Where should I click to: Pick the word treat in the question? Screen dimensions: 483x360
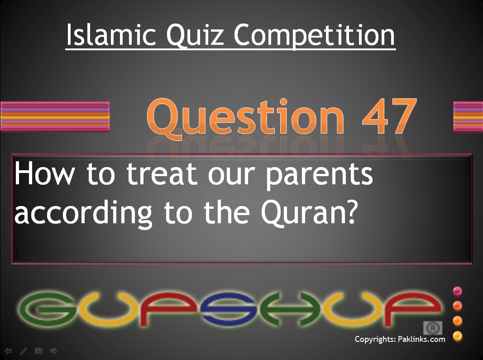pos(162,173)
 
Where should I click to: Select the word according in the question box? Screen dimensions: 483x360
pos(83,213)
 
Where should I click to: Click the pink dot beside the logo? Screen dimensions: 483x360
pos(458,291)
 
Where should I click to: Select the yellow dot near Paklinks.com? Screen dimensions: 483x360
pos(458,336)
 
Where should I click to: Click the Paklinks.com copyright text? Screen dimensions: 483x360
pos(400,339)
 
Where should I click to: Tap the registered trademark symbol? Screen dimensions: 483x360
pos(432,328)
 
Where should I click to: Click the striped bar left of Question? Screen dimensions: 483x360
pos(55,116)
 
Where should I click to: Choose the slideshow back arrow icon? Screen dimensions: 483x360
pos(8,351)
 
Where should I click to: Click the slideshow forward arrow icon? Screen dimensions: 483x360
pos(53,351)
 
